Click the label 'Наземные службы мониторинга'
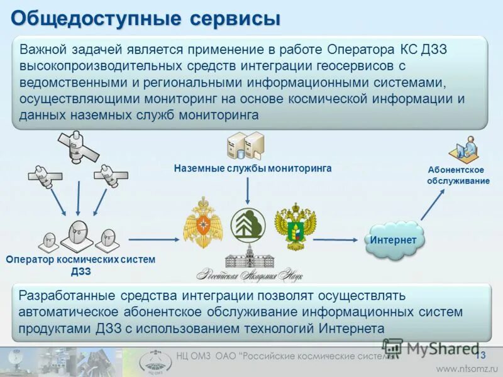(253, 168)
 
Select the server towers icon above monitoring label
(246, 145)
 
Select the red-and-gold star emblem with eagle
(204, 223)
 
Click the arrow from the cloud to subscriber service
(433, 205)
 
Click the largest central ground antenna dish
(80, 236)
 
